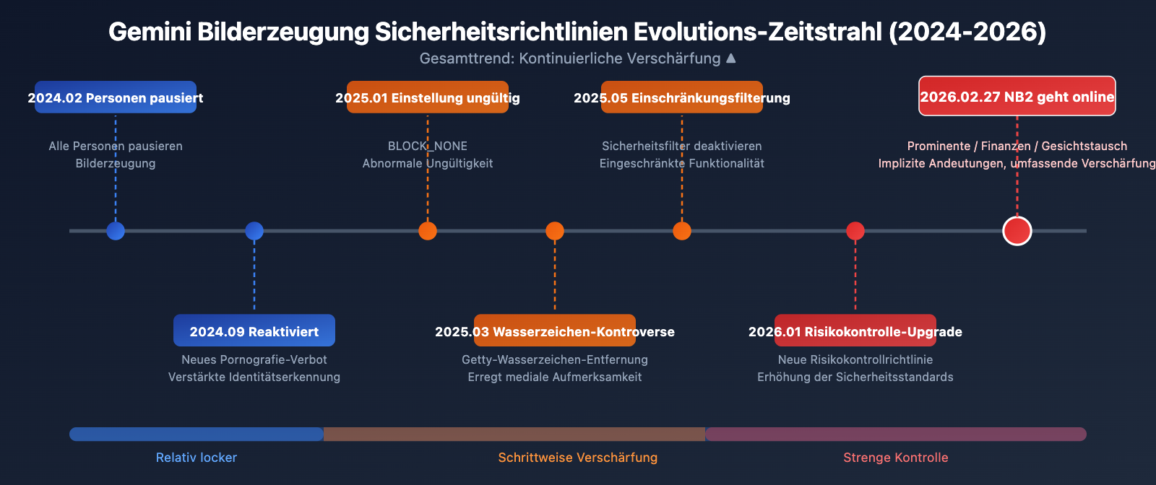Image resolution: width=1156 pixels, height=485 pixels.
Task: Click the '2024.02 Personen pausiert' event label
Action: [116, 97]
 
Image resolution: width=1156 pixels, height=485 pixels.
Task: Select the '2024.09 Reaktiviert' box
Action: [254, 331]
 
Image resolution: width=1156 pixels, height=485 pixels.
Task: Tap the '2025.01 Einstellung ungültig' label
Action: [428, 97]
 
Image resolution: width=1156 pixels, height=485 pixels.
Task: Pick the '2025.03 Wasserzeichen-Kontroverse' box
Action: [555, 331]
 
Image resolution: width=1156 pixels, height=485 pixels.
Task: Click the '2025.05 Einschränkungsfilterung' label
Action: [682, 97]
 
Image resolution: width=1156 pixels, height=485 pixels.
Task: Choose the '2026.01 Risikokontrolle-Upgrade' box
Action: [855, 331]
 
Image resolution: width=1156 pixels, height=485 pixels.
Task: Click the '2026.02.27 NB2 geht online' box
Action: [1017, 96]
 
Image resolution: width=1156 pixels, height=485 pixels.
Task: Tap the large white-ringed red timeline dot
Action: [1017, 231]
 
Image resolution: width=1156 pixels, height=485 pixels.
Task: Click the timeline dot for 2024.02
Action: [116, 231]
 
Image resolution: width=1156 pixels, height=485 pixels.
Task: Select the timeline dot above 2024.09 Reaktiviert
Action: [254, 231]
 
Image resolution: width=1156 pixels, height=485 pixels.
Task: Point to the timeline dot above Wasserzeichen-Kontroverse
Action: [555, 231]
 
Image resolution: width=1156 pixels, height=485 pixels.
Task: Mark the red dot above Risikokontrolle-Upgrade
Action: [855, 231]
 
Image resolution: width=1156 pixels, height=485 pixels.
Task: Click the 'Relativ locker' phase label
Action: [197, 458]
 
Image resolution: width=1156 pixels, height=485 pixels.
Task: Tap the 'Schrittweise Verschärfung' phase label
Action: [578, 458]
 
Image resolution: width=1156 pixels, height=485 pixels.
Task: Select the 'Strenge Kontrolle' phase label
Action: [896, 458]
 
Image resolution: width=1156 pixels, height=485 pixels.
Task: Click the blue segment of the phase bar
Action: [197, 434]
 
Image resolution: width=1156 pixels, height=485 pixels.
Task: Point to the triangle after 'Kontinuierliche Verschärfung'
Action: [730, 58]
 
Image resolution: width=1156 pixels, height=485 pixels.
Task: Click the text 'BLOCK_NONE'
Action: [428, 146]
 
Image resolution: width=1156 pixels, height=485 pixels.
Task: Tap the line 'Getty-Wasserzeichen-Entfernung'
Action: [555, 359]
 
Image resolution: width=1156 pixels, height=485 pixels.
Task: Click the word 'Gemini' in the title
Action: [149, 32]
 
